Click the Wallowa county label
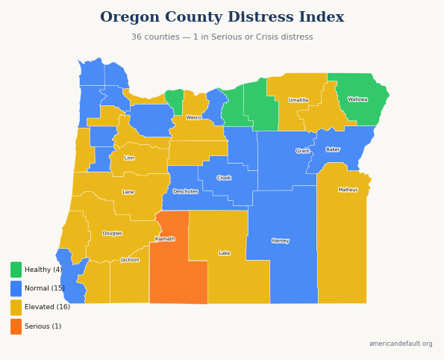pyautogui.click(x=357, y=99)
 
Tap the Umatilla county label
pyautogui.click(x=298, y=100)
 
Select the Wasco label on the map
pyautogui.click(x=194, y=117)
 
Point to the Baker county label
pyautogui.click(x=333, y=149)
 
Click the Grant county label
pyautogui.click(x=302, y=151)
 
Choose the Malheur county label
pyautogui.click(x=348, y=190)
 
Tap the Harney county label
pyautogui.click(x=281, y=240)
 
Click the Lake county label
pyautogui.click(x=225, y=253)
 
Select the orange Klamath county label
pyautogui.click(x=165, y=239)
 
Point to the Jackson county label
pyautogui.click(x=131, y=260)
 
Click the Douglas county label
pyautogui.click(x=113, y=233)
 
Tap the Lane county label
pyautogui.click(x=128, y=192)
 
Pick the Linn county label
pyautogui.click(x=129, y=158)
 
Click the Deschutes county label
pyautogui.click(x=186, y=191)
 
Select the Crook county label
pyautogui.click(x=224, y=178)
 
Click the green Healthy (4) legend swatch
pyautogui.click(x=16, y=270)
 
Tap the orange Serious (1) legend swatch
pyautogui.click(x=16, y=326)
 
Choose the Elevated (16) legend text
pyautogui.click(x=47, y=307)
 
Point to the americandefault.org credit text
pyautogui.click(x=401, y=344)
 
